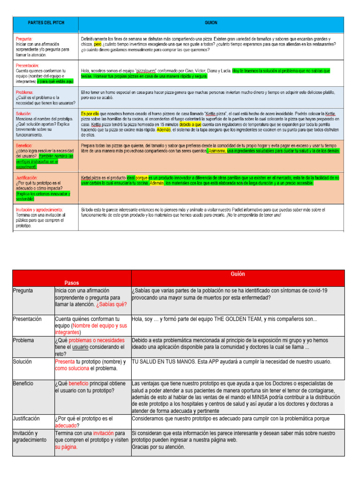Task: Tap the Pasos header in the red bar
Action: (72, 283)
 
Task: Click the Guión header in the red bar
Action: (238, 274)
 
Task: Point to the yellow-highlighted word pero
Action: (97, 44)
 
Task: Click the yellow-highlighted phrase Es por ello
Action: (90, 113)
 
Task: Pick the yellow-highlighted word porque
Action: (142, 178)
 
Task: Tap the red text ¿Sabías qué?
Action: (112, 304)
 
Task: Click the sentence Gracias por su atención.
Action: (158, 447)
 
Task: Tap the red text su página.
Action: (66, 447)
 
